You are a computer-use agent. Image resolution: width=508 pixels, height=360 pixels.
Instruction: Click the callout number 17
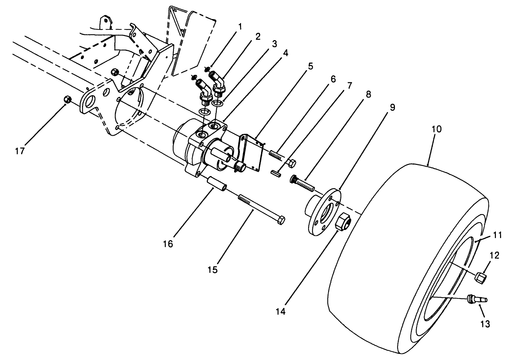[x=20, y=151]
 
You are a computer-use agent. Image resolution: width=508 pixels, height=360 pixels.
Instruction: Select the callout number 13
[x=485, y=324]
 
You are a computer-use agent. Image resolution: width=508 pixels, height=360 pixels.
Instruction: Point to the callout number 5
[x=310, y=66]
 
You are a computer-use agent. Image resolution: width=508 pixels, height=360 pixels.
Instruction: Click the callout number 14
[x=280, y=311]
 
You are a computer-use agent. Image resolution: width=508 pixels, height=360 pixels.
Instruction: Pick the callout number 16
[x=168, y=244]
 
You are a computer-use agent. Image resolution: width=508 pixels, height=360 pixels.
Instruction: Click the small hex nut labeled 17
[x=68, y=100]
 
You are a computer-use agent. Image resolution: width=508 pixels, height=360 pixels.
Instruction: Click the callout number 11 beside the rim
[x=497, y=235]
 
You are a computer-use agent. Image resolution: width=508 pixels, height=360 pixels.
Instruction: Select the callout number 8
[x=368, y=94]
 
